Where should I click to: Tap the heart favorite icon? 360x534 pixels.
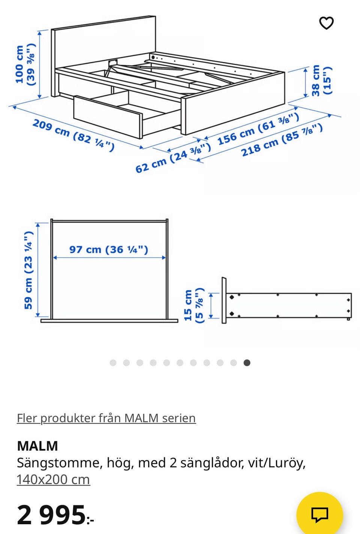pos(326,23)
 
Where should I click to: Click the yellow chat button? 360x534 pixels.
pos(319,515)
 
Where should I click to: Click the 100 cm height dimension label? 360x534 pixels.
pos(25,64)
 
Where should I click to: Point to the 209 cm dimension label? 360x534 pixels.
pos(73,135)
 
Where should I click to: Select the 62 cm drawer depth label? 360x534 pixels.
pos(173,158)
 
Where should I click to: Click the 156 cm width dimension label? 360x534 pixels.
pos(258,129)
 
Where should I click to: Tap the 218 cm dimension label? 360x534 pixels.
pos(282,140)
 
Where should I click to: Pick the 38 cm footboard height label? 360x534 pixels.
pos(322,80)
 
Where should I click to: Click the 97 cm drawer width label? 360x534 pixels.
pos(109,250)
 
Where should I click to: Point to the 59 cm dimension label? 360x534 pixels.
pos(28,270)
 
